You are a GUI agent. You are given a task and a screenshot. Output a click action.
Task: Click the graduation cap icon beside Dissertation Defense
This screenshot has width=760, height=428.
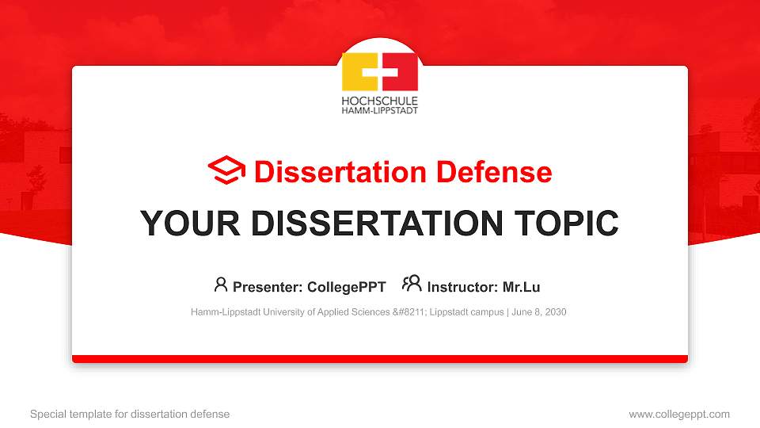click(227, 171)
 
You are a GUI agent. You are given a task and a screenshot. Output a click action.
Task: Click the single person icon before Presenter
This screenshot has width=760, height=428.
click(221, 285)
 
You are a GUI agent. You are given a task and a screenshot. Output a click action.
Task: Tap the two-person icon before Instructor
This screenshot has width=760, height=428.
click(412, 285)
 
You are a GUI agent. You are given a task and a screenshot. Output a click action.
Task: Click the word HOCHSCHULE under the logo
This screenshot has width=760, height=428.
click(379, 101)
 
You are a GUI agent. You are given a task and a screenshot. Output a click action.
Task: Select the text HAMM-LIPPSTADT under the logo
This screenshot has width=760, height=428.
click(379, 111)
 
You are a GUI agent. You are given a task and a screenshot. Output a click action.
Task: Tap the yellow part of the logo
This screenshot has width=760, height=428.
click(354, 73)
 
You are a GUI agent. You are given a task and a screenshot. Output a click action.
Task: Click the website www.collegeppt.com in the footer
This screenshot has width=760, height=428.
click(678, 414)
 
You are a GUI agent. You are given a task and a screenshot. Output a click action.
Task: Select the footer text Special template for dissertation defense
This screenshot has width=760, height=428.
click(130, 414)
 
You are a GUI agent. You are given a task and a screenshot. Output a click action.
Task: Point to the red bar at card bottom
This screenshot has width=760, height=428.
click(380, 359)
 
